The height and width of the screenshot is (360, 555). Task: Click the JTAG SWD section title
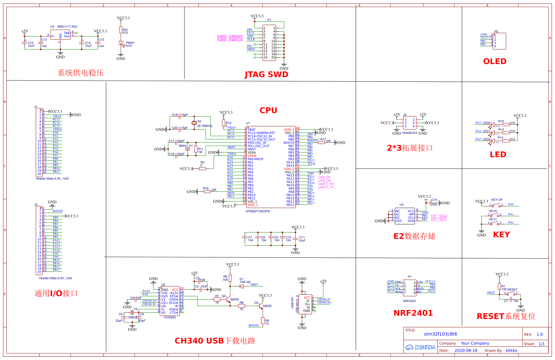266,74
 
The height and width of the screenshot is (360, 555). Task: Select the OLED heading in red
495,61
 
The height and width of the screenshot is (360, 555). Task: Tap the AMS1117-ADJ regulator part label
67,27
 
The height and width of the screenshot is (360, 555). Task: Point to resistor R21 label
125,30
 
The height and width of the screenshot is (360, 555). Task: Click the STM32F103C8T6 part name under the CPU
258,211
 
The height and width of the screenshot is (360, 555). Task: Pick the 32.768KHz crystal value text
204,126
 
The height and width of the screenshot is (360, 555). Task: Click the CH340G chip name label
169,317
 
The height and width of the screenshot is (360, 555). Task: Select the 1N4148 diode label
245,282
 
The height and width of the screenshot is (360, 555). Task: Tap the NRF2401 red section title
413,313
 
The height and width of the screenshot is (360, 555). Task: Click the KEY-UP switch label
497,200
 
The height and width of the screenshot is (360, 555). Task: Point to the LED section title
498,155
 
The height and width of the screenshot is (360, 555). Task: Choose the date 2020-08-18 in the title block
466,351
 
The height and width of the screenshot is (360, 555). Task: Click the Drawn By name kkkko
511,351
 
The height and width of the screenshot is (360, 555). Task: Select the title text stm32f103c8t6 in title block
440,334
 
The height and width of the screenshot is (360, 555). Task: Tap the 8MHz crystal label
182,146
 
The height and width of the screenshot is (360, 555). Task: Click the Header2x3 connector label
409,133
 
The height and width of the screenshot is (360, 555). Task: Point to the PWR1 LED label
130,43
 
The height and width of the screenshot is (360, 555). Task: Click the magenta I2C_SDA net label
439,216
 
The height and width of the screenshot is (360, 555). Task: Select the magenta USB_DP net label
324,177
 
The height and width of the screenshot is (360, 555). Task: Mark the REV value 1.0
539,335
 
